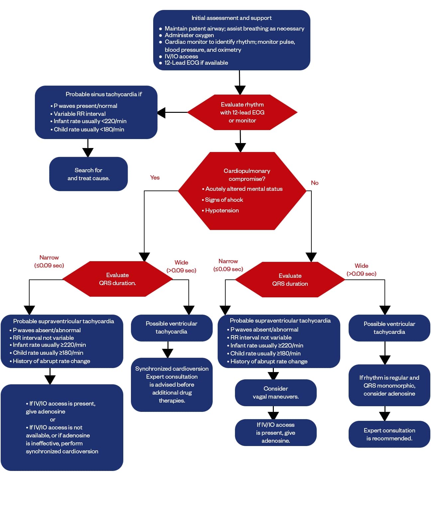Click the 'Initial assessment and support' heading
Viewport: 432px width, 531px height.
coord(231,18)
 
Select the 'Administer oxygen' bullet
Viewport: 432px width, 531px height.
coord(189,35)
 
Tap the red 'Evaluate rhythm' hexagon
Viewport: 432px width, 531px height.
coord(242,112)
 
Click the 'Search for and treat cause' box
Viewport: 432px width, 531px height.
coord(88,174)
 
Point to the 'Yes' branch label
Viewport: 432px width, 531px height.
coord(155,178)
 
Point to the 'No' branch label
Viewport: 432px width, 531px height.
coord(314,183)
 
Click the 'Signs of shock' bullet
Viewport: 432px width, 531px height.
coord(224,200)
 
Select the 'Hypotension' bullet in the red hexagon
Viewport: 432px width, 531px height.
coord(222,210)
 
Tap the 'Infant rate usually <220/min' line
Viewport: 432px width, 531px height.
coord(90,121)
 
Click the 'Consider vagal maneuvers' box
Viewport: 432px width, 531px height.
coord(275,393)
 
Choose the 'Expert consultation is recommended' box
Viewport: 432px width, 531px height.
coord(389,434)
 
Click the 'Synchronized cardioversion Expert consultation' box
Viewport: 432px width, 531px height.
coord(171,384)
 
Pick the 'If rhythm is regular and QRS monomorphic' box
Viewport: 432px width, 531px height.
coord(389,385)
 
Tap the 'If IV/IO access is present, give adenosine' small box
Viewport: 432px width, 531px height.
coord(275,432)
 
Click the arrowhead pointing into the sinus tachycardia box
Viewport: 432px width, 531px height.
coord(161,113)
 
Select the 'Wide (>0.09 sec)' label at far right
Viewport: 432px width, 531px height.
coord(361,269)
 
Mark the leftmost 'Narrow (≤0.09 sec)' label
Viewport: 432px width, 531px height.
coord(49,261)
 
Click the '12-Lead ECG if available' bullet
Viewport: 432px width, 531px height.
coord(196,63)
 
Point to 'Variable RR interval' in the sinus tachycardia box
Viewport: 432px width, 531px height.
coord(79,114)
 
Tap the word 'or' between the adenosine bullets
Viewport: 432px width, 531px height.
coord(53,419)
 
